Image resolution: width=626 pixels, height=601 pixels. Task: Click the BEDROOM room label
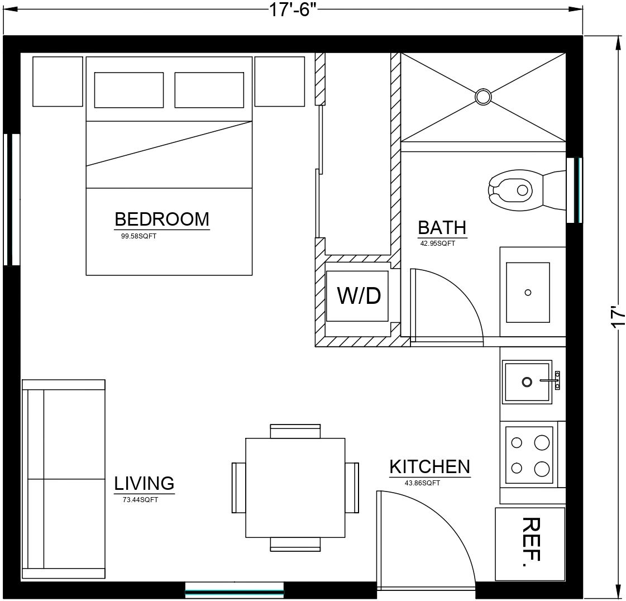(x=162, y=220)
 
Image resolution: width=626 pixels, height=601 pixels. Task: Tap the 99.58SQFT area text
(x=138, y=236)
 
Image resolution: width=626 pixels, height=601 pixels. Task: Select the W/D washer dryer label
(x=359, y=296)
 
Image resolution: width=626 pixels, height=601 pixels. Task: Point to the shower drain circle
(x=483, y=97)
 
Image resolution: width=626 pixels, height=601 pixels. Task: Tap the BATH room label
(x=442, y=228)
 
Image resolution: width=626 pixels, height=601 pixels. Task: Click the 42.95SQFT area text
(x=438, y=243)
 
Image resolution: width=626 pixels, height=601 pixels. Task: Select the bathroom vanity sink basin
(x=528, y=292)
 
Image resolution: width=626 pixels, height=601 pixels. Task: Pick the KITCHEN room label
(x=430, y=467)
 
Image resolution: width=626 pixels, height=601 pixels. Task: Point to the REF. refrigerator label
(x=531, y=542)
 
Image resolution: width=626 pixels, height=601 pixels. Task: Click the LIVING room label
(x=144, y=483)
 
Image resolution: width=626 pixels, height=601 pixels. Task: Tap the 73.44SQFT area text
(x=140, y=499)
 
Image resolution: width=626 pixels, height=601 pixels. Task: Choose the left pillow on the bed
(x=129, y=90)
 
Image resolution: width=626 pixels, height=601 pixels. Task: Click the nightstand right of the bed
(x=280, y=82)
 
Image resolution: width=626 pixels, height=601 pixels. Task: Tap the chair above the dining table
(x=295, y=431)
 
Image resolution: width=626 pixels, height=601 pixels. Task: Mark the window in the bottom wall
(x=235, y=589)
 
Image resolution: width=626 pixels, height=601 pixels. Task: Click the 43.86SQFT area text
(x=422, y=483)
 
